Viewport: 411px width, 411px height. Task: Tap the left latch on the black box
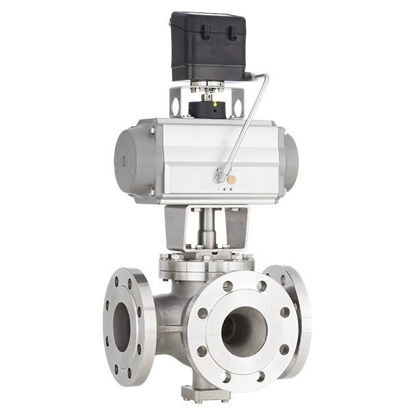[205, 32]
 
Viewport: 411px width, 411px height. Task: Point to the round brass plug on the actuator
[232, 179]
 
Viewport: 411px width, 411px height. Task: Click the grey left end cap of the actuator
[127, 159]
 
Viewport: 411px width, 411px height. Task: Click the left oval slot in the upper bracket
[176, 107]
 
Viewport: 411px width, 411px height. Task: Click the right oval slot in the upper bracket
[238, 108]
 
